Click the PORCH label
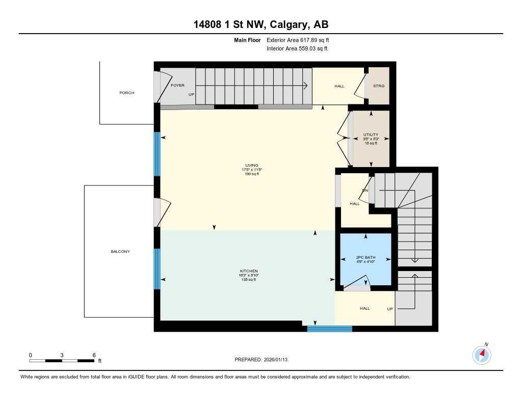pos(127,93)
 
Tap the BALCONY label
pos(120,251)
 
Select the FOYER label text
pos(177,85)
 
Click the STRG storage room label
pos(378,86)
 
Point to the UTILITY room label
pos(371,135)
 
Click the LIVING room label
pos(251,165)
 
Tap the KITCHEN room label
pos(249,271)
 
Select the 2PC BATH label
pos(365,257)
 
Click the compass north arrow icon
pos(482,355)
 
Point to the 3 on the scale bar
pos(62,355)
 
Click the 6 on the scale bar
pos(94,355)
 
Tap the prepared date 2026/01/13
pos(279,360)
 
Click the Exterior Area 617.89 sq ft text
pos(301,40)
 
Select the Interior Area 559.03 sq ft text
pos(297,49)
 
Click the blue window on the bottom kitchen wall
pos(329,329)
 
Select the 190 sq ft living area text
pos(251,174)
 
